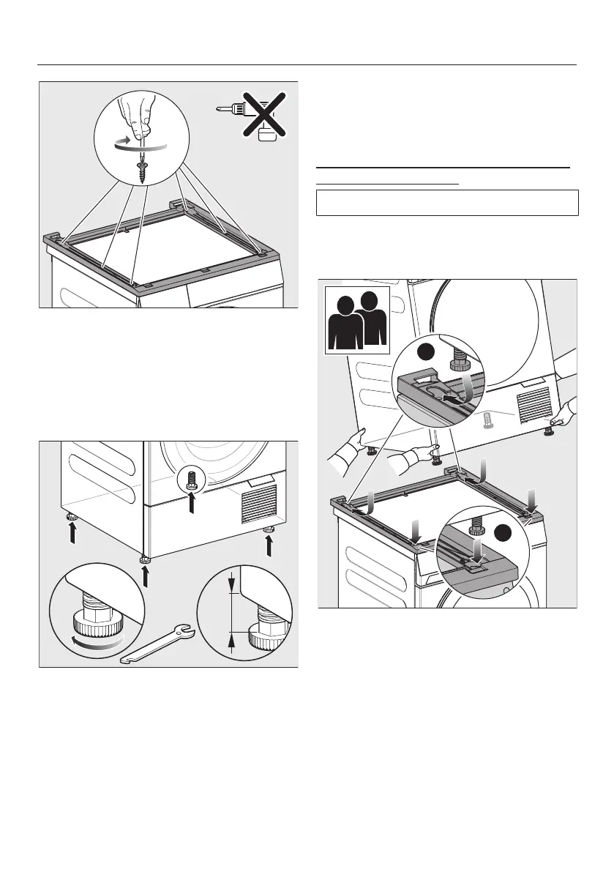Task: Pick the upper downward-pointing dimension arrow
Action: [232, 584]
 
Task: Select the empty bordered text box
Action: [447, 203]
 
